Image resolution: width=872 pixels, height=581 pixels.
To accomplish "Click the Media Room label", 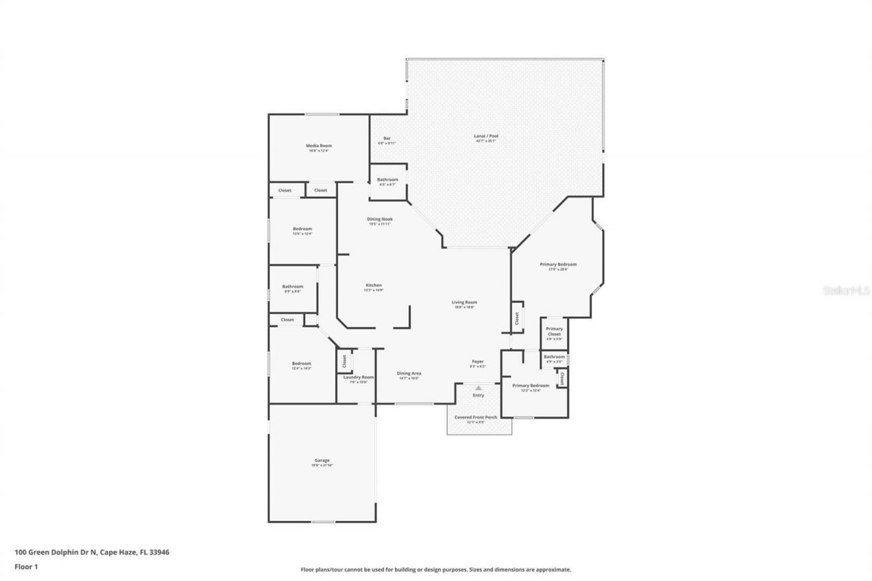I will click(x=318, y=146).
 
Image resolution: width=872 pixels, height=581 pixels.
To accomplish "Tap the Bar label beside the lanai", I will click(x=387, y=138).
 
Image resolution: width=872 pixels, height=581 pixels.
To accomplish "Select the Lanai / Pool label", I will click(x=486, y=136).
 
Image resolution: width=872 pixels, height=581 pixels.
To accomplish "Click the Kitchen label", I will click(x=373, y=285).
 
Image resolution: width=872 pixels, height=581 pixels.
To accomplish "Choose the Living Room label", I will click(x=465, y=302).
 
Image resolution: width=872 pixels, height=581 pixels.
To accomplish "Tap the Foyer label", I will click(x=478, y=362).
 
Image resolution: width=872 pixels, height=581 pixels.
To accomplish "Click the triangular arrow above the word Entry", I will click(x=478, y=388).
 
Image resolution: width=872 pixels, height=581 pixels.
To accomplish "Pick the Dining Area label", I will click(x=409, y=373).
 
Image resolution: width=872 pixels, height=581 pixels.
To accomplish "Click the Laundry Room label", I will click(x=358, y=377).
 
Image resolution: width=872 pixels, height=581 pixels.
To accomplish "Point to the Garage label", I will click(x=322, y=460).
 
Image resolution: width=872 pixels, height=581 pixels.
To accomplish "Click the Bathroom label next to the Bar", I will click(x=388, y=180).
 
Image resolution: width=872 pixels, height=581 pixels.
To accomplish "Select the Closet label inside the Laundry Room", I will click(x=345, y=360).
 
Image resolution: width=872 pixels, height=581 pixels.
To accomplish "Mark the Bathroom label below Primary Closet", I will click(x=554, y=357).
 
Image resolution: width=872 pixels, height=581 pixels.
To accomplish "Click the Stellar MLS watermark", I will click(x=847, y=290).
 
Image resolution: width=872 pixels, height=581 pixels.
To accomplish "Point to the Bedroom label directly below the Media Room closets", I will click(x=302, y=229).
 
